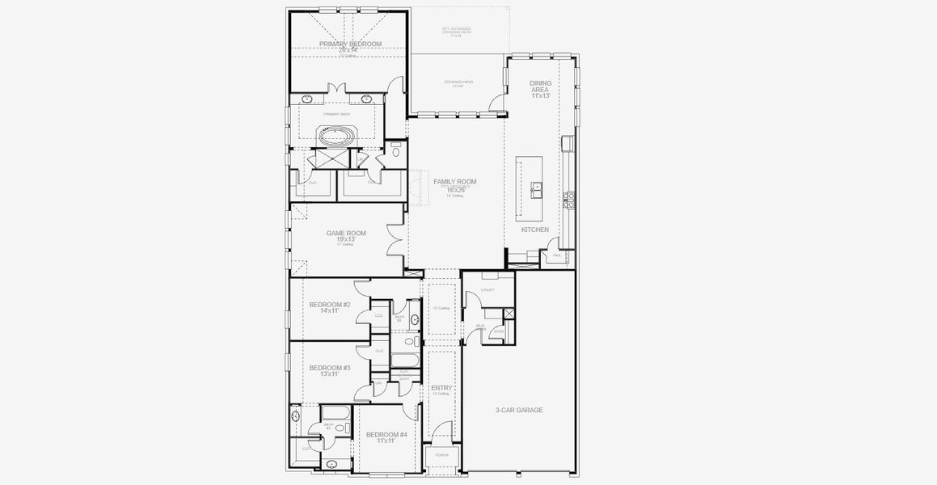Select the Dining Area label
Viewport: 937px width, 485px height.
pos(540,89)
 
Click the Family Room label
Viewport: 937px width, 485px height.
pos(454,182)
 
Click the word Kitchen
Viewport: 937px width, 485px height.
pos(534,230)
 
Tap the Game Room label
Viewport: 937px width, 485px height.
pos(346,234)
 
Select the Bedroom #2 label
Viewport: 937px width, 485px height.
pos(329,305)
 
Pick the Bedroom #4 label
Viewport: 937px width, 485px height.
pos(386,435)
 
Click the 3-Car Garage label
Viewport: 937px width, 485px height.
pos(518,410)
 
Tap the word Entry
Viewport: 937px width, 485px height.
pos(441,388)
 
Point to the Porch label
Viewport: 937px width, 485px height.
pos(441,455)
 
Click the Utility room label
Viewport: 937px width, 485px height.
pos(487,289)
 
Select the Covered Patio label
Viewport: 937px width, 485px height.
pos(458,82)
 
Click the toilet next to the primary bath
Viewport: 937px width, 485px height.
pos(396,150)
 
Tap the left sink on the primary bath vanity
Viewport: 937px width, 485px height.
pos(307,99)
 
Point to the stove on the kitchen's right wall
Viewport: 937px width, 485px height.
pos(569,199)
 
